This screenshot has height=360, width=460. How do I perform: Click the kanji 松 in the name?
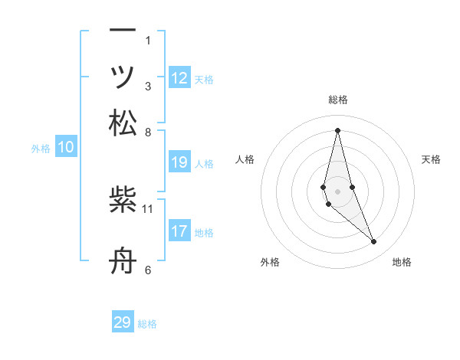(x=123, y=123)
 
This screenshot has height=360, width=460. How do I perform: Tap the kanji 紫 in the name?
(x=123, y=201)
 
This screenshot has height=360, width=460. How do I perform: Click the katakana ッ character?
(x=123, y=77)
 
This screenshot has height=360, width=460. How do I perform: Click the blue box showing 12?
(x=179, y=77)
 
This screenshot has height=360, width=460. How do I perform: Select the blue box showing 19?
(x=179, y=162)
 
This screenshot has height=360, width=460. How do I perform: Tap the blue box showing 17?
(x=179, y=231)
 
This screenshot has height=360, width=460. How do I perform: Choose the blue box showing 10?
(x=66, y=147)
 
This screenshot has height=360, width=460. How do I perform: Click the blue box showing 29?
(x=123, y=322)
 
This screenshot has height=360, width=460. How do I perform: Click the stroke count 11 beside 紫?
(x=148, y=208)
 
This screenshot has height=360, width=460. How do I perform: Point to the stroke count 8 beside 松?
(x=148, y=131)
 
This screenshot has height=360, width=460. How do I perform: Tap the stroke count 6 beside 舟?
(x=148, y=269)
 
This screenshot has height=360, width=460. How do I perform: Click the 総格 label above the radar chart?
(x=338, y=100)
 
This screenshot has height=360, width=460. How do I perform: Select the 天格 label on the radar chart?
(x=432, y=159)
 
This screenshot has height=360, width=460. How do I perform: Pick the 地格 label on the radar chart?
(x=402, y=262)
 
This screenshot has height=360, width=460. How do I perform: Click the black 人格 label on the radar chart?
(x=245, y=159)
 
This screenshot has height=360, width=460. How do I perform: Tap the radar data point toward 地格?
(x=374, y=242)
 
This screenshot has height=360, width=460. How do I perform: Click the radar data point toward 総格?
(x=338, y=130)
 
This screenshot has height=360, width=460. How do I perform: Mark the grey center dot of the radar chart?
(x=338, y=191)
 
